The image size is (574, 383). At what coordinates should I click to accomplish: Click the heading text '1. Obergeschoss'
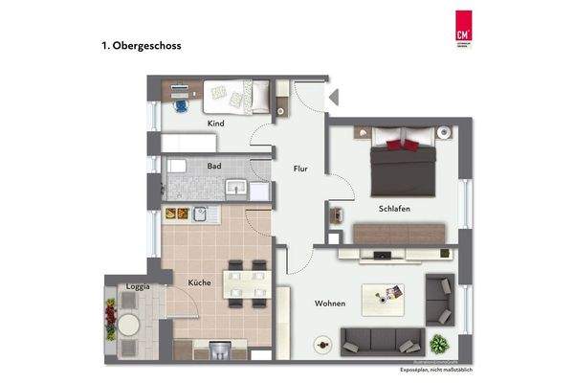pos(141,45)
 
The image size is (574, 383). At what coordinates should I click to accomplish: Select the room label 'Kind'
pos(216,124)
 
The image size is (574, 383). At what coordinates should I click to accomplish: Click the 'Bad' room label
pos(214,166)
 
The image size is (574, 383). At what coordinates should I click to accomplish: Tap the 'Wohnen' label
pos(330,304)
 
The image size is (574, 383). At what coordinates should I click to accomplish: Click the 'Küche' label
pos(199,283)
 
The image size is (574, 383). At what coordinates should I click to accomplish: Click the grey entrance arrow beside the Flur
pos(332,95)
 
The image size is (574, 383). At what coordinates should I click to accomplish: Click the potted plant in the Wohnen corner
pos(440,342)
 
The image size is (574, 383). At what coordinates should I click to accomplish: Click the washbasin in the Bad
pos(234,189)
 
